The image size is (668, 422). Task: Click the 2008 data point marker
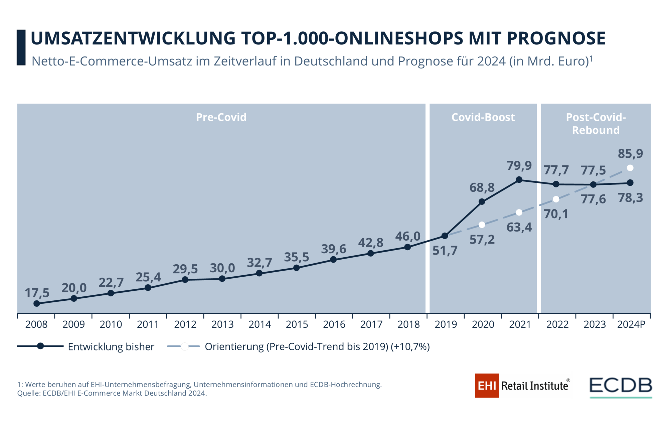37,303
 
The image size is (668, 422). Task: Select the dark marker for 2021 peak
519,180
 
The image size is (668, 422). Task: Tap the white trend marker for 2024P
630,168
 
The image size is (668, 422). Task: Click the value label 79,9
519,165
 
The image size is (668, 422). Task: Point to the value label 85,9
630,153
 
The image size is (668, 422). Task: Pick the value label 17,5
37,293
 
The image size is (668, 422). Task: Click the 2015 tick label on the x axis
297,324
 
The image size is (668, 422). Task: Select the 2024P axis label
631,324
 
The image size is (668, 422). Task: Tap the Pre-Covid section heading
221,117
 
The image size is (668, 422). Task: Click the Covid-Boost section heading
483,117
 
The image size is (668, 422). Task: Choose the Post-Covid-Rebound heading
596,124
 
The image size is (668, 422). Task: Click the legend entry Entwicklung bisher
111,346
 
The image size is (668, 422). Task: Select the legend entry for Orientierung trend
317,346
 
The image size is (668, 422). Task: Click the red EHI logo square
487,386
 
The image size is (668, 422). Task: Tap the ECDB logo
621,386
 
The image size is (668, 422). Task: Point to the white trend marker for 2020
482,225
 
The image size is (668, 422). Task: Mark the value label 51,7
445,250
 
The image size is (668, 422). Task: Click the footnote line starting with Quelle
112,393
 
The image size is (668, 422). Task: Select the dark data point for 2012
185,279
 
